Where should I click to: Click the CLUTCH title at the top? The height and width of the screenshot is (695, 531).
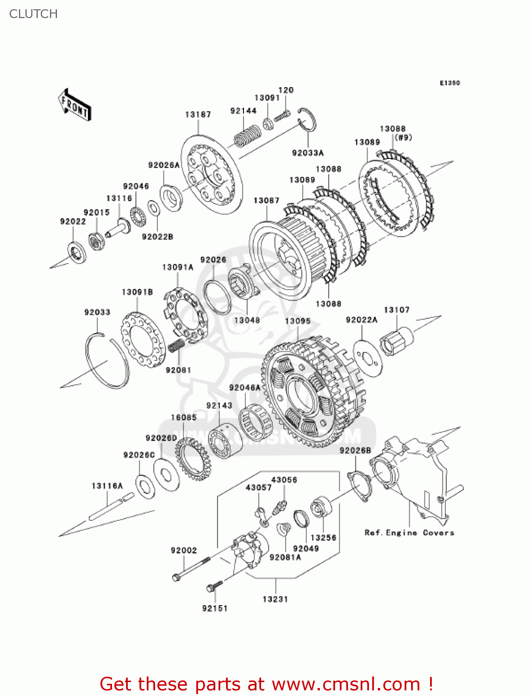pos(33,14)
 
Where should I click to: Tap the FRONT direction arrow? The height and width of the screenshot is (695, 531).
pos(75,105)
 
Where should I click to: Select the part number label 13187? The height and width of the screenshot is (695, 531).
pos(198,114)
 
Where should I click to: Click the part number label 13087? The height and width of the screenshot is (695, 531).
pos(266,200)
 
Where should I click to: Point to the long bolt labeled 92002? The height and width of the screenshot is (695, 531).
pos(192,569)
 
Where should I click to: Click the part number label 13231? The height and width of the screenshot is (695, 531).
pos(275,599)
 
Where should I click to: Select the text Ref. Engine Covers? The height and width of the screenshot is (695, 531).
pos(409,533)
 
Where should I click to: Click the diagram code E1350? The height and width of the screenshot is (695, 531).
pos(450,83)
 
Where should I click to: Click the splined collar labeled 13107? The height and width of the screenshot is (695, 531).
pos(396,341)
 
